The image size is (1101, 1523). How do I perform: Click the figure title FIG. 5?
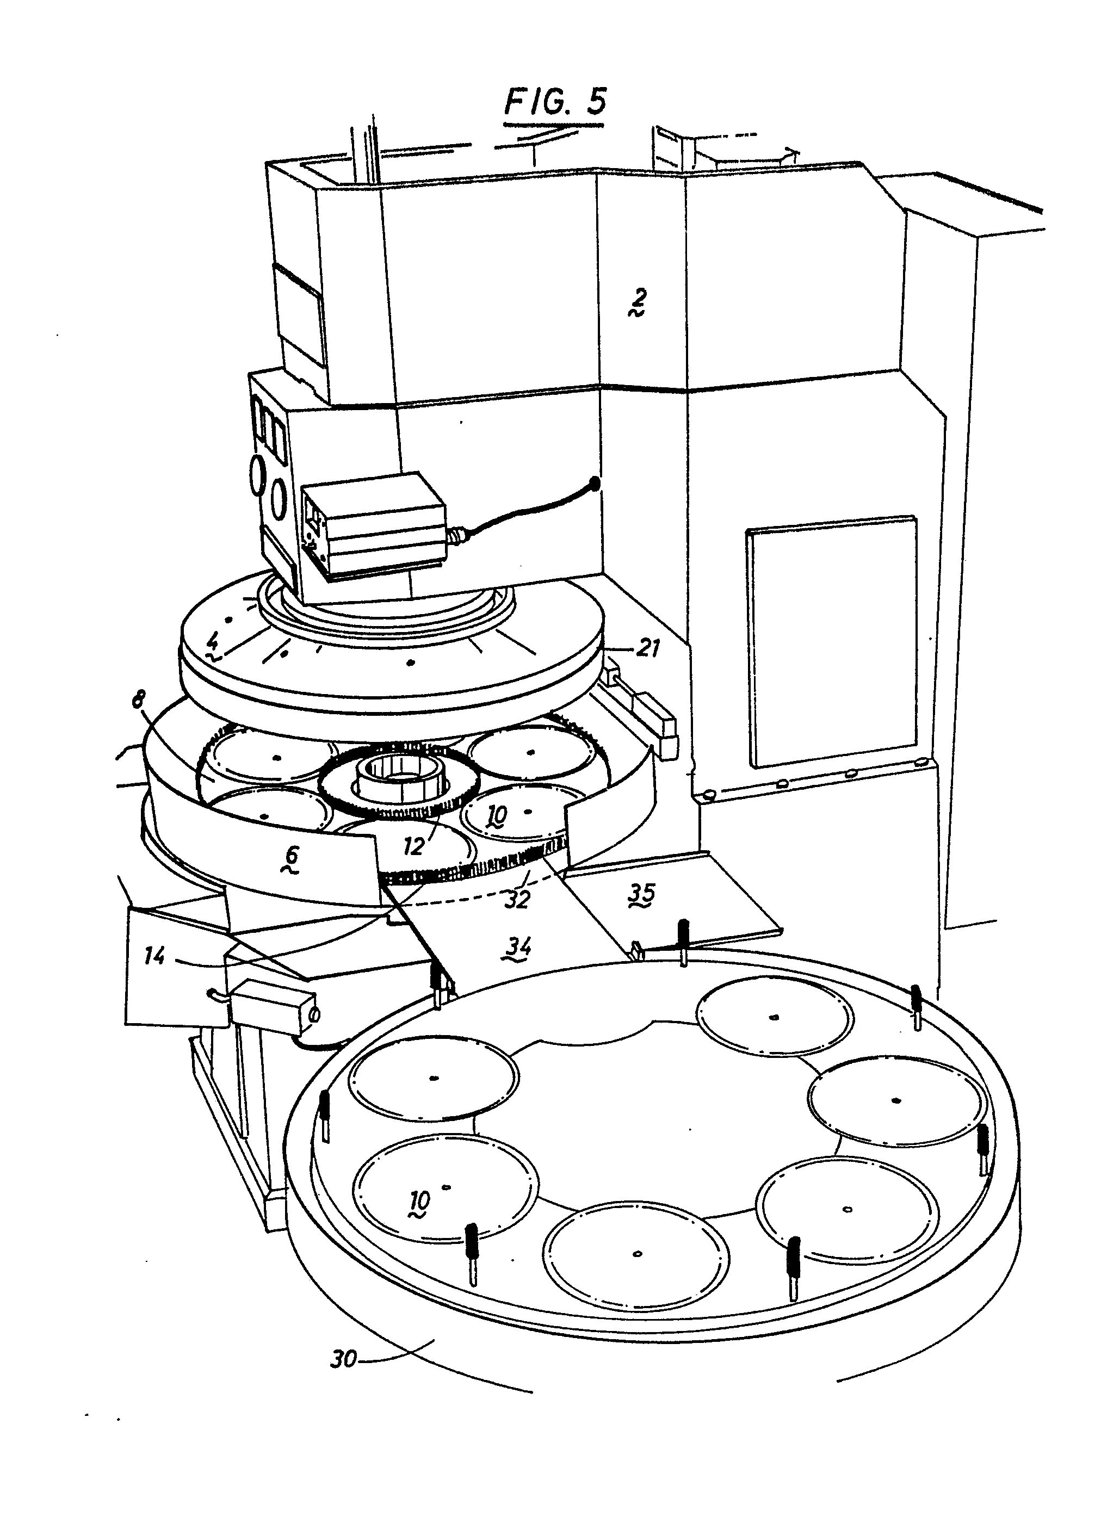pos(555,101)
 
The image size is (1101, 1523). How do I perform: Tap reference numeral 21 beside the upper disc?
pos(647,649)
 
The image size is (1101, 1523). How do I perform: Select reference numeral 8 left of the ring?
pos(138,702)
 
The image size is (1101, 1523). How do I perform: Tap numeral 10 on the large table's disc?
pos(420,1199)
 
